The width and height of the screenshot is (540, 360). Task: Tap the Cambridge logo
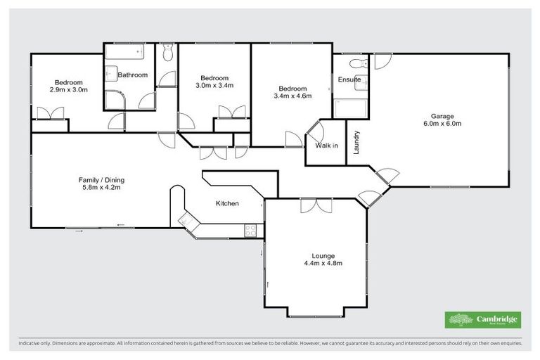[x=484, y=320]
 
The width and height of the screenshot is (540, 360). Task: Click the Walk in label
[x=326, y=146]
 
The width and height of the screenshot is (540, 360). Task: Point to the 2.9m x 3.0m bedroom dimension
[x=68, y=90]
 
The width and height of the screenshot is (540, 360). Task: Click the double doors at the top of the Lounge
[x=316, y=205]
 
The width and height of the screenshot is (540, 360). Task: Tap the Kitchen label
[x=227, y=204]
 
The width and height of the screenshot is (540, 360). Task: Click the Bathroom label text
[x=132, y=75]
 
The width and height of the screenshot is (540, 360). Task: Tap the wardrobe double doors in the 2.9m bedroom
[x=51, y=113]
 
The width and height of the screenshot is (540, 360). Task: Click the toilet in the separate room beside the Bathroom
[x=167, y=53]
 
